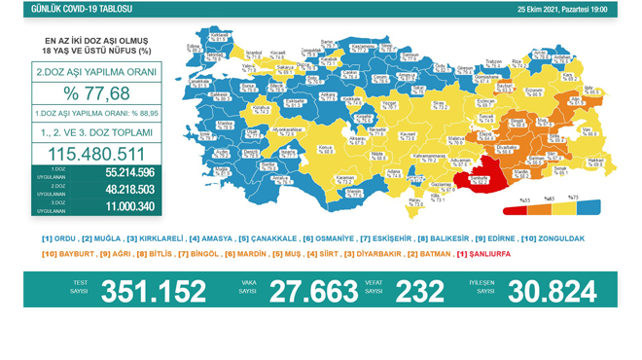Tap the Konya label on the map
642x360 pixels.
point(326,149)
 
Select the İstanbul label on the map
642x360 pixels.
point(255,51)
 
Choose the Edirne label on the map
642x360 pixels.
point(194,45)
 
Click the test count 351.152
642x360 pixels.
point(154,291)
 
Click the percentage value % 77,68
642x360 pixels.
point(96,93)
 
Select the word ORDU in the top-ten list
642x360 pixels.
point(66,238)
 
